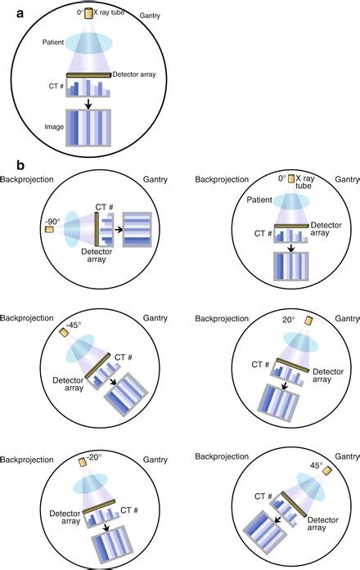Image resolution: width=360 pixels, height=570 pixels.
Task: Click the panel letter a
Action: coord(20,14)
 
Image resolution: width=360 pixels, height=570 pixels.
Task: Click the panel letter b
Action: coord(20,165)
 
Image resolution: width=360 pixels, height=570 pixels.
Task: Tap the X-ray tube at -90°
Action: coord(49,229)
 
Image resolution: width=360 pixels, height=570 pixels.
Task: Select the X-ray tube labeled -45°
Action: coord(65,333)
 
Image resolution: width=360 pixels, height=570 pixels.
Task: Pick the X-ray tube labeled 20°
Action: coord(308,321)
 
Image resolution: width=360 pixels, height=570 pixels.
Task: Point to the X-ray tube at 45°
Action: coord(327,470)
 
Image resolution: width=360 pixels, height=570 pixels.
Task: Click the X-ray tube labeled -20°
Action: coord(83,462)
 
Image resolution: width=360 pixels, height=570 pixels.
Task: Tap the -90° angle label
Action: coord(52,222)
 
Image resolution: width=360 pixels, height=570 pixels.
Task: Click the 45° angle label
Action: coord(316,465)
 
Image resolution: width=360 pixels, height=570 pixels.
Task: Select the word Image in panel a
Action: coord(54,127)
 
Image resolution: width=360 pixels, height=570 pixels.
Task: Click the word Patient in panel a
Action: coord(53,43)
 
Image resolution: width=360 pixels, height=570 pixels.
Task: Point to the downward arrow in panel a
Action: coord(88,104)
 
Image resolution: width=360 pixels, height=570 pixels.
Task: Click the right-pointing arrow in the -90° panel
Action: coord(118,230)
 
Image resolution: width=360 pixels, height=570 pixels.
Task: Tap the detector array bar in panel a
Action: coord(88,75)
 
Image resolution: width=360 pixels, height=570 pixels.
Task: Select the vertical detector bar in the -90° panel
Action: coord(97,230)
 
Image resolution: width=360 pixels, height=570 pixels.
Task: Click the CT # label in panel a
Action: coord(56,86)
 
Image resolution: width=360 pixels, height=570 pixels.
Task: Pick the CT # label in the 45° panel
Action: coord(263,496)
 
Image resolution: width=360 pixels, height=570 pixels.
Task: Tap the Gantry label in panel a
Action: coord(150,16)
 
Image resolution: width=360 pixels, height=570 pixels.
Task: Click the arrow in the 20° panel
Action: coord(285,385)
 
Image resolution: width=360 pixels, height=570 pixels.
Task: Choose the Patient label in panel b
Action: coord(259,200)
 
